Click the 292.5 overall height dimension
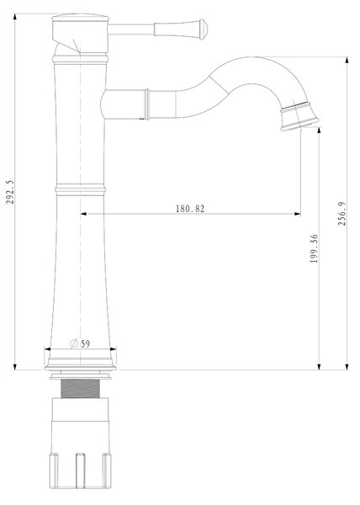(10, 192)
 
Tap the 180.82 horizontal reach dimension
(190, 209)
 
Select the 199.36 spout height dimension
(314, 248)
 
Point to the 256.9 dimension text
(342, 213)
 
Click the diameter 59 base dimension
(80, 343)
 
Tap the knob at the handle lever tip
(204, 29)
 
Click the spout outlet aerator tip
(299, 116)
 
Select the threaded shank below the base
(80, 388)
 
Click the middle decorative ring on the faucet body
(80, 189)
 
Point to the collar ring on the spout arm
(147, 104)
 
